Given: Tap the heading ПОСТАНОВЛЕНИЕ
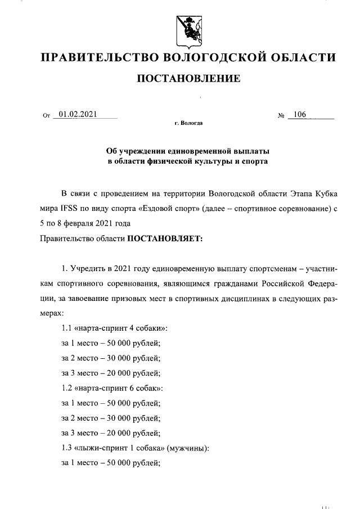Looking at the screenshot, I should click(189, 78).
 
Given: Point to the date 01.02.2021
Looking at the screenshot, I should click(78, 115).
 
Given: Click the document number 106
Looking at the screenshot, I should click(299, 115).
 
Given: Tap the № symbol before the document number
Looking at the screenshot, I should click(281, 116).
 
